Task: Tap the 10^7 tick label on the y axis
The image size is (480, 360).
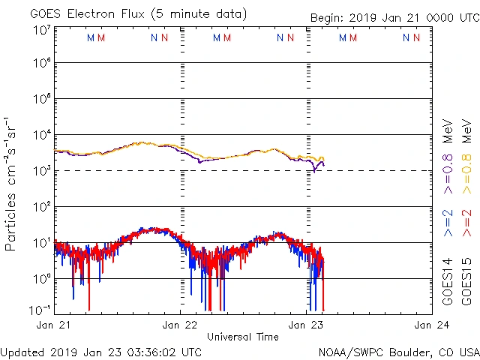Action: [x=40, y=30]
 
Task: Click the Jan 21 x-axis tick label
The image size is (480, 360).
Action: [x=54, y=325]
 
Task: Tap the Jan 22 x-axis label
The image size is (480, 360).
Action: [x=180, y=325]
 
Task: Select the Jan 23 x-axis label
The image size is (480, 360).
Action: [x=306, y=325]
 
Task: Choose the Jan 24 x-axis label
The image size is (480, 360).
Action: [x=432, y=325]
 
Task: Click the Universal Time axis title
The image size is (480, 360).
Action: [x=243, y=337]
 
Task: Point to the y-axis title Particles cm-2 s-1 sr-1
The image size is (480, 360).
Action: [x=11, y=184]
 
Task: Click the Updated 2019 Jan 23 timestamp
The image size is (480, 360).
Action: [x=101, y=351]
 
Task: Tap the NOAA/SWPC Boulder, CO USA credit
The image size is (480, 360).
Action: [x=398, y=351]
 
